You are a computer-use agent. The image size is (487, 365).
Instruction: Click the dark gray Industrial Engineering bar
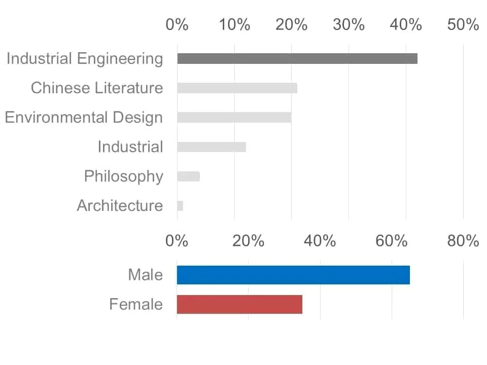pos(297,59)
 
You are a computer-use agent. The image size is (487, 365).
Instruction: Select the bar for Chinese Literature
pos(237,88)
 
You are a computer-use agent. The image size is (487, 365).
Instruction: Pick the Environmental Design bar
pos(234,118)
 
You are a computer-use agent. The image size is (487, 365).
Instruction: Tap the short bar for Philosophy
pos(189,176)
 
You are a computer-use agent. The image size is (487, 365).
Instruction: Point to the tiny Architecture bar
pos(180,206)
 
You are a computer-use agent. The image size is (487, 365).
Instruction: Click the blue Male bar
pos(293,275)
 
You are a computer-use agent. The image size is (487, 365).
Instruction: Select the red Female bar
pos(239,305)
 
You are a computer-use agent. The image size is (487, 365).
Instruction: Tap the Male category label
pos(146,275)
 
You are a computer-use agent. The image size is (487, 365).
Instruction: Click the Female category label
pos(136,304)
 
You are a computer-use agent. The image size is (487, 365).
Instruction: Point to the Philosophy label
pos(124,176)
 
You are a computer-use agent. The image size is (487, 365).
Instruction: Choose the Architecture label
pos(120,205)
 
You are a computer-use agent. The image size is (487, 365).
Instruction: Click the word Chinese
pos(61,88)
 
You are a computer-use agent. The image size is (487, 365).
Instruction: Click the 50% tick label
pos(463,24)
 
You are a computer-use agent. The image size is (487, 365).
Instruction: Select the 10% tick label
pos(234,24)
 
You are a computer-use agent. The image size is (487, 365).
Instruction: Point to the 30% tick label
pos(349,24)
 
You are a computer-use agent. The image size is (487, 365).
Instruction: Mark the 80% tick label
pos(463,241)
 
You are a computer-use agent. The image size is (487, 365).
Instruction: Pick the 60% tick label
pos(391,241)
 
